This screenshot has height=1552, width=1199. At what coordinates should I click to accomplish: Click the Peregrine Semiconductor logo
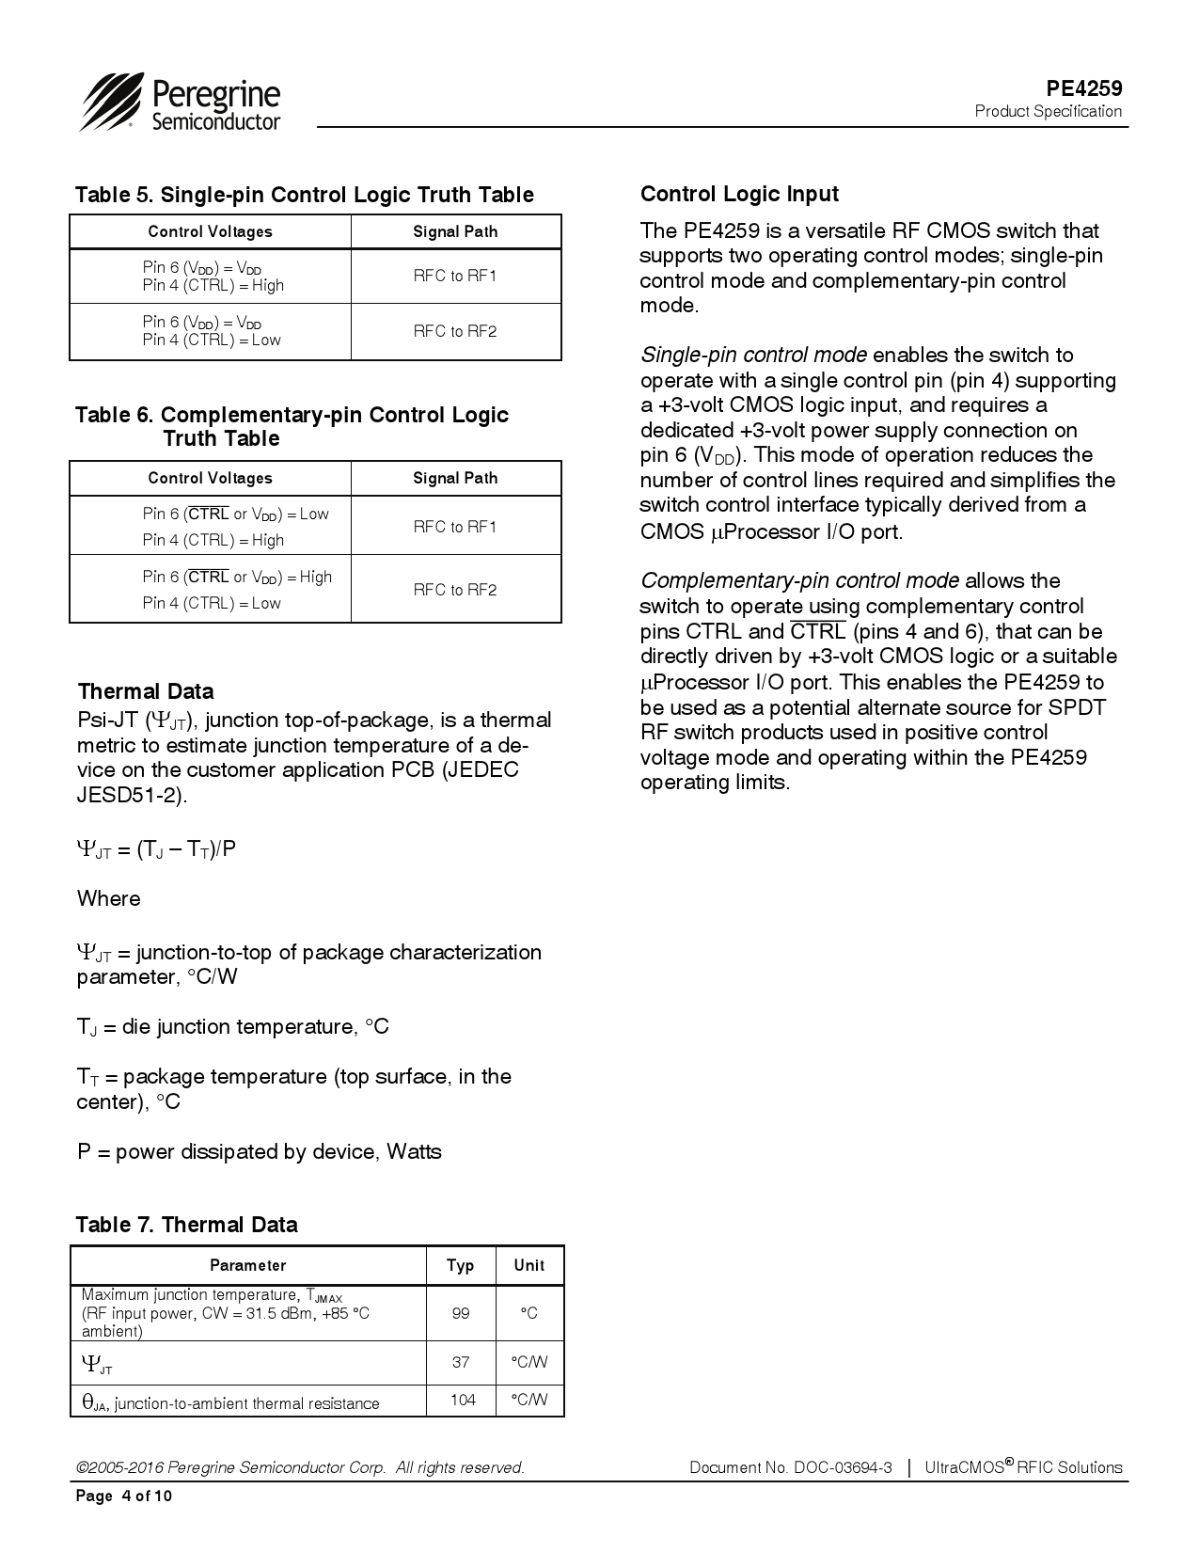(x=181, y=103)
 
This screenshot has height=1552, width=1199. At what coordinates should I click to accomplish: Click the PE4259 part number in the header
(x=1084, y=88)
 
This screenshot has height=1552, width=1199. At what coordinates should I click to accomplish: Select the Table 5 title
(x=304, y=195)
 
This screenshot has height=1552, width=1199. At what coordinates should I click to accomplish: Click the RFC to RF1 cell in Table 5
(x=455, y=276)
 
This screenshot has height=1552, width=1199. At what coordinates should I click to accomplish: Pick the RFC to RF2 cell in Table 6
(x=455, y=590)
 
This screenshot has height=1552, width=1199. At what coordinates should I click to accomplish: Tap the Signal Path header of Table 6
(x=455, y=478)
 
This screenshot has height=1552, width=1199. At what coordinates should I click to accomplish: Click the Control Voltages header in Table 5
(x=210, y=231)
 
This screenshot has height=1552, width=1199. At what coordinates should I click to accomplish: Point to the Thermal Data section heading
(x=146, y=691)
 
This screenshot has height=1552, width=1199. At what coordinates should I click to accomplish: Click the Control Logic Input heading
(x=739, y=194)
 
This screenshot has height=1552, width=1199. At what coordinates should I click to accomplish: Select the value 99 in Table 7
(x=461, y=1313)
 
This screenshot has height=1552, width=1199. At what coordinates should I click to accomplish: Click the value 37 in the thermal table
(x=461, y=1362)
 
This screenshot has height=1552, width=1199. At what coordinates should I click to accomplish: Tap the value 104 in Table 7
(x=463, y=1400)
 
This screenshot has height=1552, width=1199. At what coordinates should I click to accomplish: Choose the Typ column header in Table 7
(x=461, y=1265)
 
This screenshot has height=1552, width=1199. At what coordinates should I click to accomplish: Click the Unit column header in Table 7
(x=529, y=1265)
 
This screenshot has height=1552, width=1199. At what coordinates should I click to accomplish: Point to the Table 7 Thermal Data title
(x=186, y=1225)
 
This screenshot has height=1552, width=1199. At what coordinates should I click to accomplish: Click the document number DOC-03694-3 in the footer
(x=843, y=1467)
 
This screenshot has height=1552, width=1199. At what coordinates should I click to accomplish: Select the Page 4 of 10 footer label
(x=124, y=1497)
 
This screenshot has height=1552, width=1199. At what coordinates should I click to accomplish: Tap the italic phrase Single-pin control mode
(x=753, y=356)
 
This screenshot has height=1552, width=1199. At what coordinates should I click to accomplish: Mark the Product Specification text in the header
(x=1048, y=111)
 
